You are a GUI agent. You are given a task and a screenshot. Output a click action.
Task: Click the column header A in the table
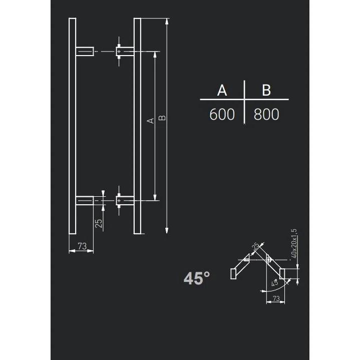click(x=222, y=90)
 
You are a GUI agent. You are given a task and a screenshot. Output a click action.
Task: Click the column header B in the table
click(x=266, y=90)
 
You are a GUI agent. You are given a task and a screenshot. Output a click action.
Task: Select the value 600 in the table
click(x=222, y=115)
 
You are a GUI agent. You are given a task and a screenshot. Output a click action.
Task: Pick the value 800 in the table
click(x=266, y=115)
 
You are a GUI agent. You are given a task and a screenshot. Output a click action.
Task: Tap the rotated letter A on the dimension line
click(x=150, y=121)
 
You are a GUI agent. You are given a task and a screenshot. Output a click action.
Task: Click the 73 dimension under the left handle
click(x=82, y=246)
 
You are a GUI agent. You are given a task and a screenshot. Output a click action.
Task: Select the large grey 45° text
click(x=196, y=278)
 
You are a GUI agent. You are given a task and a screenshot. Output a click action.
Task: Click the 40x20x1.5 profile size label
click(x=294, y=244)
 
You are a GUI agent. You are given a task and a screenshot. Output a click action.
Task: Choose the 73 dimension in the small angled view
click(x=275, y=298)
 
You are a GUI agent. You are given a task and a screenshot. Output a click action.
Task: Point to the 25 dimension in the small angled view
click(x=256, y=246)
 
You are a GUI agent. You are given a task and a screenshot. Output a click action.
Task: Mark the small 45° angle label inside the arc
click(x=274, y=283)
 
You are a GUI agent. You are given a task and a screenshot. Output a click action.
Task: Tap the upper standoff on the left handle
click(x=85, y=51)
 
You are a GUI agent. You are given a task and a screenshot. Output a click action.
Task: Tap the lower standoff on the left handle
click(x=85, y=201)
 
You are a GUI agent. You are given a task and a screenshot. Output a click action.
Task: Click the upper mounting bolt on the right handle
click(x=119, y=51)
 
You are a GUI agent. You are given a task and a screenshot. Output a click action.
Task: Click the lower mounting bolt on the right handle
click(x=119, y=201)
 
